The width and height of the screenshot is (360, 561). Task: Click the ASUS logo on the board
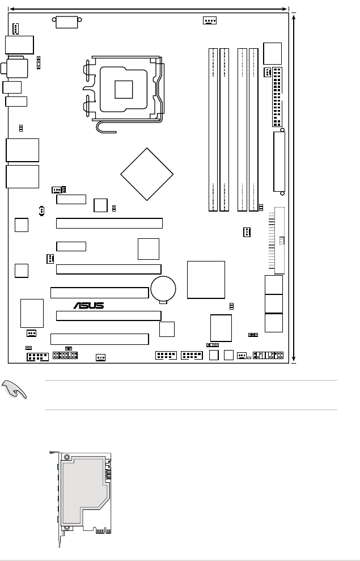tap(88, 305)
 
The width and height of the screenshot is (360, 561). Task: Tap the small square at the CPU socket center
tap(124, 90)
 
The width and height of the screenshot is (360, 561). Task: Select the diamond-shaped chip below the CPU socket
tap(147, 174)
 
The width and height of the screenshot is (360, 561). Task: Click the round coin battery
tap(163, 288)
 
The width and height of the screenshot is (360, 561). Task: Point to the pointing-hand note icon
tap(14, 390)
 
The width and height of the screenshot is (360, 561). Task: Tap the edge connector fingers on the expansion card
tap(103, 530)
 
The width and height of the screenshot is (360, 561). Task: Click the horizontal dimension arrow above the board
tap(149, 9)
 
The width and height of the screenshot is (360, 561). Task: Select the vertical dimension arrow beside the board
tap(294, 188)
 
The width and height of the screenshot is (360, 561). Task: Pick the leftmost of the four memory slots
tap(213, 130)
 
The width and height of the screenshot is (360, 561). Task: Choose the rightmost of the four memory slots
tap(253, 130)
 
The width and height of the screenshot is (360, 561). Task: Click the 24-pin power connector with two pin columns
tap(277, 97)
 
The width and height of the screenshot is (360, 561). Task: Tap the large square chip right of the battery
tap(206, 280)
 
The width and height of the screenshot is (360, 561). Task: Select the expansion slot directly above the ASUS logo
tap(99, 293)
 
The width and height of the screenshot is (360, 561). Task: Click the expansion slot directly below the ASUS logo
tap(109, 315)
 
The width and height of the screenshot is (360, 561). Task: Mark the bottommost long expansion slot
tap(99, 339)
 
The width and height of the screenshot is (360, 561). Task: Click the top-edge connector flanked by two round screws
tap(67, 22)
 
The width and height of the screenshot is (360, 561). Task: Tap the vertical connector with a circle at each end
tap(279, 162)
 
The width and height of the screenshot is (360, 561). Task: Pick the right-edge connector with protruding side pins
tap(277, 241)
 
